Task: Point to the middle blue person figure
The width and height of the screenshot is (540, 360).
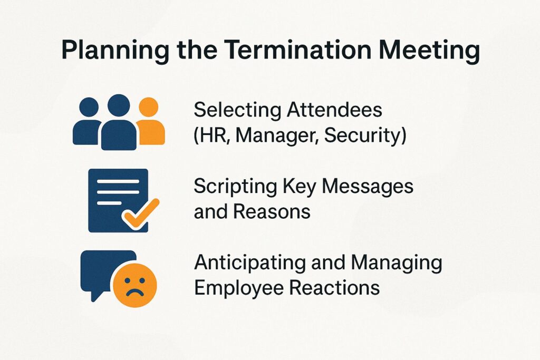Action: coord(119,122)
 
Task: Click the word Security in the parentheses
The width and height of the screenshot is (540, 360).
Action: coord(365,135)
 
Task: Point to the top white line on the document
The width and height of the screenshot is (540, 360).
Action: coord(118,182)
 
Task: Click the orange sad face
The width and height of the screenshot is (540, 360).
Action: coord(135,287)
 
